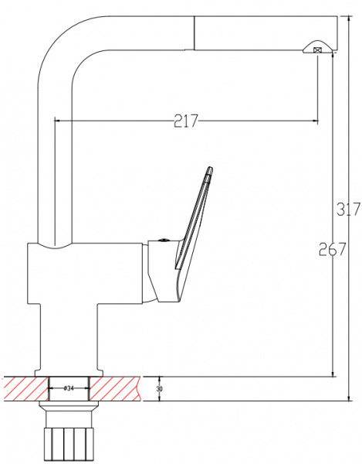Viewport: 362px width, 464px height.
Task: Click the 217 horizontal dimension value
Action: coord(186,121)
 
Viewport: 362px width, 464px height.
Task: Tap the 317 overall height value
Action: coord(348,209)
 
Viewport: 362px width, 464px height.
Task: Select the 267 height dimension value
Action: coord(330,248)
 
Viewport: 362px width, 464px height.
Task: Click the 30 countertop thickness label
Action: coord(160,388)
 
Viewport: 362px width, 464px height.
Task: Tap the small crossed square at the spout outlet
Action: coord(317,49)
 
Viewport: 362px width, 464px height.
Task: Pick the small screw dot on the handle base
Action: coord(162,241)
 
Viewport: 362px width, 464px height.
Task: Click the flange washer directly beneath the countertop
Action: coord(69,406)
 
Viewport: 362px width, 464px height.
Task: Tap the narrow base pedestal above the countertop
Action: coord(69,336)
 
